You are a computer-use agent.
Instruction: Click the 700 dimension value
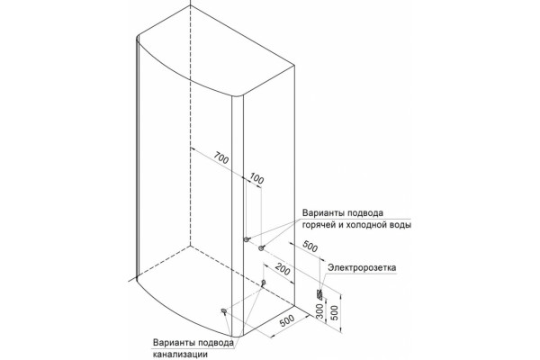coord(221,157)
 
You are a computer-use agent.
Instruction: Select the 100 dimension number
coord(256,178)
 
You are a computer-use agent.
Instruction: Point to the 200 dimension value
coord(283,269)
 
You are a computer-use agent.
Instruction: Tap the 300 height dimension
coord(319,311)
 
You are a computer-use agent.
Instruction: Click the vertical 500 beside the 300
coord(334,312)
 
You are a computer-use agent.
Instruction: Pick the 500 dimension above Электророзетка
coord(310,246)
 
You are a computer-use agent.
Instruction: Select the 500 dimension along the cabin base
coord(287,320)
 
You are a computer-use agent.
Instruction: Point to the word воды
coord(401,225)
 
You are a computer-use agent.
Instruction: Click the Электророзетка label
coord(362,267)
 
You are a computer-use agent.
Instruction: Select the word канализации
coord(181,354)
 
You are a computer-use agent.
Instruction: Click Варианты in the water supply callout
coord(323,212)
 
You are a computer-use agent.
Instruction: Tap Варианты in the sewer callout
coord(175,343)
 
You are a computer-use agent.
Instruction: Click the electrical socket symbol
coord(319,294)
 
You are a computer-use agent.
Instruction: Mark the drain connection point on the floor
coord(224,311)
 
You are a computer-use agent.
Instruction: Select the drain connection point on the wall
coord(264,283)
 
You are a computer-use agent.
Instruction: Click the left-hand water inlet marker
coord(246,239)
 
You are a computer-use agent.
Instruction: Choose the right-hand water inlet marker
coord(261,247)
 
